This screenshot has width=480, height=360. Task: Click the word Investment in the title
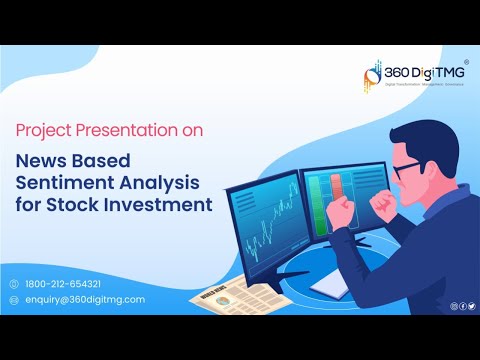[165, 206]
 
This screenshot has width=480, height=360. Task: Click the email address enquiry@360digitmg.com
[85, 299]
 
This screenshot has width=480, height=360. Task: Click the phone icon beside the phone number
[14, 282]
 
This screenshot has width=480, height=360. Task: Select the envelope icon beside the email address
[14, 299]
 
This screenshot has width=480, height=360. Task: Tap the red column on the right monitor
[336, 196]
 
